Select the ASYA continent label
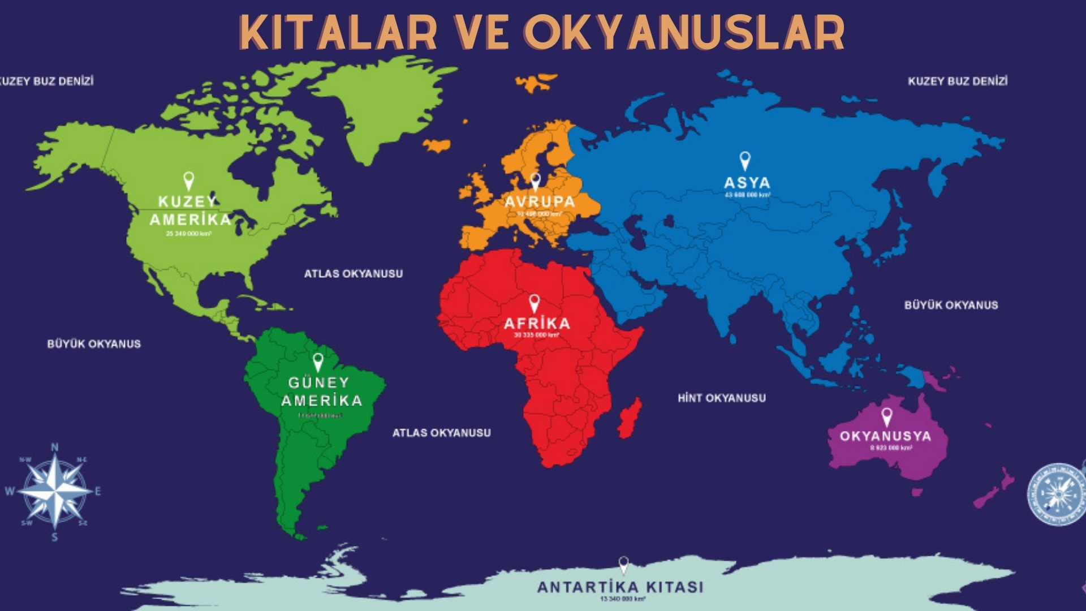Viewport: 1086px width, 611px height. point(747,183)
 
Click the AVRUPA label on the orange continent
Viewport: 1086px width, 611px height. point(539,202)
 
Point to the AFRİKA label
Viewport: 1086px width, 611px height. point(537,324)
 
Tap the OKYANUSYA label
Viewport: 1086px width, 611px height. point(885,436)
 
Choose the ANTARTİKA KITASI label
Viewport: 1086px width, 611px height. point(620,587)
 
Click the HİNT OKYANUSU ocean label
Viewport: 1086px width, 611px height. point(722,398)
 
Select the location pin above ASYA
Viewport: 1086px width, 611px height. point(745,160)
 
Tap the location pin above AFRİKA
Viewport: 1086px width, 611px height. point(534,303)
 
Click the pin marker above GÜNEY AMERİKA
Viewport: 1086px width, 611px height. point(318,362)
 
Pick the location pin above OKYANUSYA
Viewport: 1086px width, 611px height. point(886,417)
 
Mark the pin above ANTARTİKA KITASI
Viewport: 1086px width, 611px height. point(623,564)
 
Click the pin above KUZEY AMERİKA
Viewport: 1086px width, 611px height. point(189,180)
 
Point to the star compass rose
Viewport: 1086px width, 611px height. point(55,491)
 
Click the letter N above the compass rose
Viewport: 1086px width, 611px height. point(55,448)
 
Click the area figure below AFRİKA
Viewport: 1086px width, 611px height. point(536,335)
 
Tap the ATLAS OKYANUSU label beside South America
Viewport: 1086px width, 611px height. point(442,433)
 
